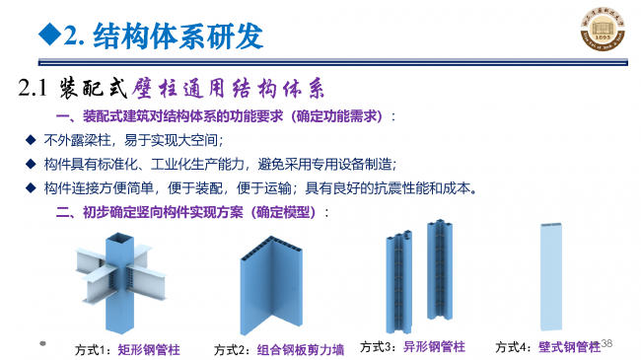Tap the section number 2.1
(34, 89)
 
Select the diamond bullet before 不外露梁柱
(31, 140)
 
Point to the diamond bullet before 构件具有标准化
(31, 164)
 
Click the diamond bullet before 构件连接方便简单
(31, 187)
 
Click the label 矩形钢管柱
(149, 349)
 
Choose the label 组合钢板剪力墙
(301, 349)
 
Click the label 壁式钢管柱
(569, 346)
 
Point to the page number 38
(607, 343)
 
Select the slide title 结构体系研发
(177, 36)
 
